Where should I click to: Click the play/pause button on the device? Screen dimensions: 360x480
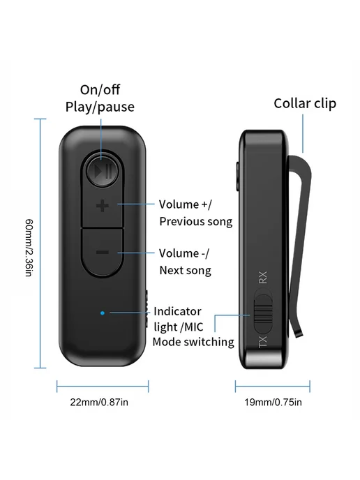click(x=103, y=172)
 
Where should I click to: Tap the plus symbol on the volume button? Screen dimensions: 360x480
click(x=103, y=206)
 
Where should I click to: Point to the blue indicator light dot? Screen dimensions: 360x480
click(x=103, y=313)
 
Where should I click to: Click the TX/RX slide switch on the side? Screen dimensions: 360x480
click(x=263, y=313)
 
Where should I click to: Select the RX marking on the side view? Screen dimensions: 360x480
click(x=263, y=278)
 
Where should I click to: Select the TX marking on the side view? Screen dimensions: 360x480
click(x=263, y=342)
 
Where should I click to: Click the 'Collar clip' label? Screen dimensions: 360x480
click(x=305, y=103)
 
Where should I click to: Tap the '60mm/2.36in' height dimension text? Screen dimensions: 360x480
click(x=29, y=248)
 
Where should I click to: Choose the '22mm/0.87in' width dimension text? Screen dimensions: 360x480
click(x=99, y=402)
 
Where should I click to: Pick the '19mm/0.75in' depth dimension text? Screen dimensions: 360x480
click(x=273, y=402)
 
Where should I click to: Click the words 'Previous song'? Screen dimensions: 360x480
click(x=196, y=222)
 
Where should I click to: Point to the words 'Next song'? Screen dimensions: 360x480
click(x=185, y=270)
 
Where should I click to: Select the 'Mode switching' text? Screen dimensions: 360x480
click(x=193, y=342)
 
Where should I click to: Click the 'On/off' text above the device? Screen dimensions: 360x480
click(x=100, y=90)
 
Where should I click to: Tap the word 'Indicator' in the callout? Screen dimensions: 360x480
click(x=177, y=311)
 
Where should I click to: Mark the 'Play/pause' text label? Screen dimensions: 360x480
click(x=100, y=107)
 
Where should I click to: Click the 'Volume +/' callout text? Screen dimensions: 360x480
click(x=185, y=204)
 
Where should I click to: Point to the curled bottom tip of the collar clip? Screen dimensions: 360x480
click(x=299, y=335)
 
